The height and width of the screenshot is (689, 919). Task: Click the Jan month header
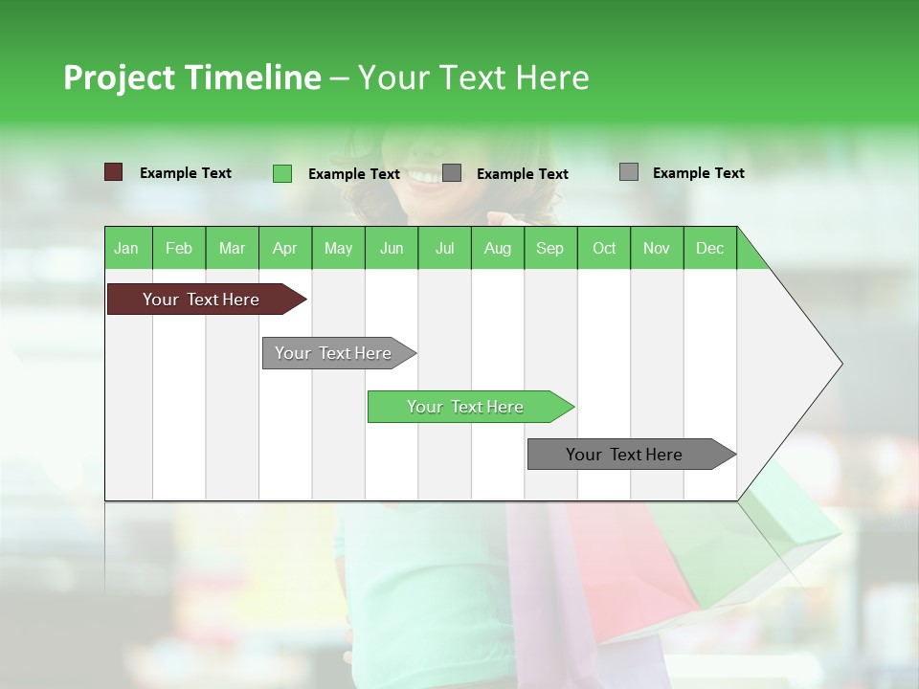[126, 248]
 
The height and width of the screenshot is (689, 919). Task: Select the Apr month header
[284, 248]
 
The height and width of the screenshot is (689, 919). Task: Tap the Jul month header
[444, 248]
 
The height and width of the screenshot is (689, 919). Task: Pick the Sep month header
[549, 248]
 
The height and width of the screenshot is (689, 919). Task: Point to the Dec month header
[709, 248]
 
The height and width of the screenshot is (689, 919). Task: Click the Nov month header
[656, 248]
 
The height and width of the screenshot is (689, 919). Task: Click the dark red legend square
[114, 172]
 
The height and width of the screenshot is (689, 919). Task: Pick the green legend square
[282, 173]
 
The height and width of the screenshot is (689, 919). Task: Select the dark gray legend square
[452, 173]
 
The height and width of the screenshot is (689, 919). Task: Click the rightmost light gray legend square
[629, 172]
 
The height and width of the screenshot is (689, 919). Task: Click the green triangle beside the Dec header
[750, 254]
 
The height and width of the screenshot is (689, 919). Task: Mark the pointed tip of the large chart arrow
[841, 364]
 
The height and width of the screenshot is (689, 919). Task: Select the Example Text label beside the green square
[353, 174]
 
